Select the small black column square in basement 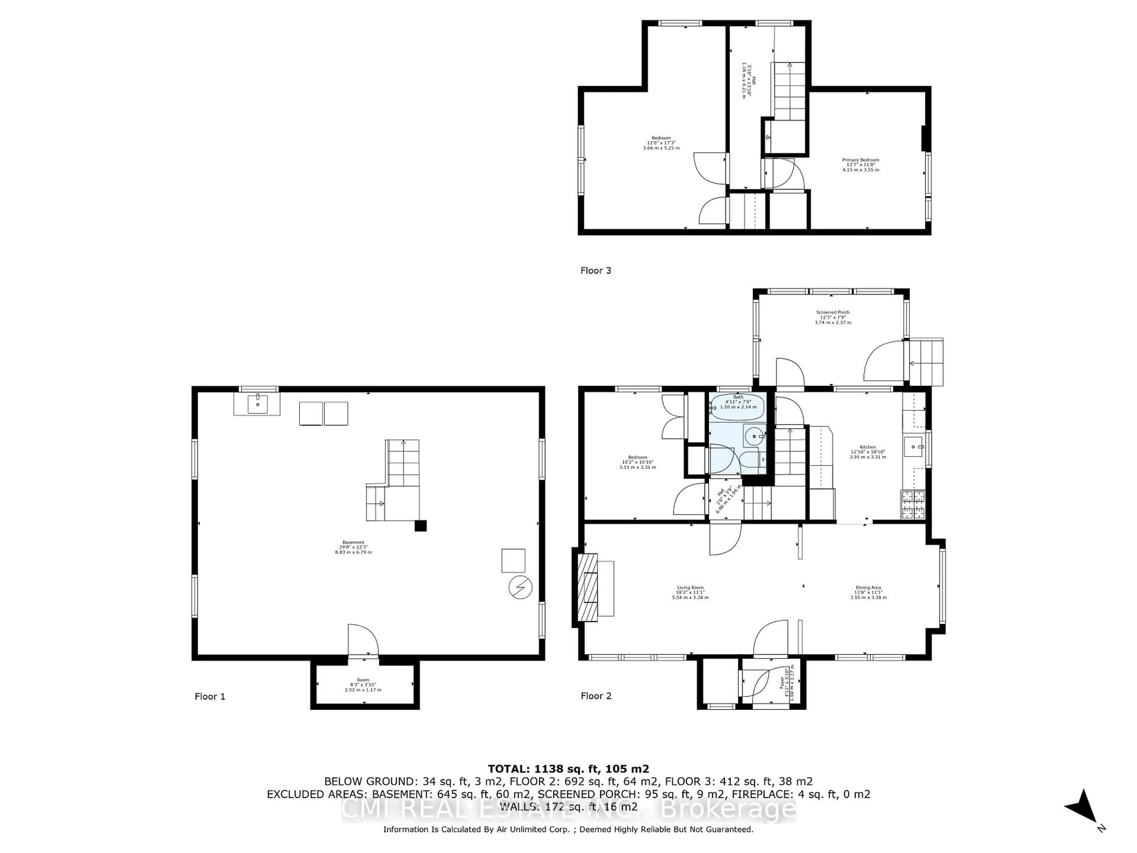click(x=420, y=525)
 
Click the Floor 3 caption click(x=596, y=270)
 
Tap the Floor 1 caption click(x=210, y=696)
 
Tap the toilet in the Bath click(x=756, y=459)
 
